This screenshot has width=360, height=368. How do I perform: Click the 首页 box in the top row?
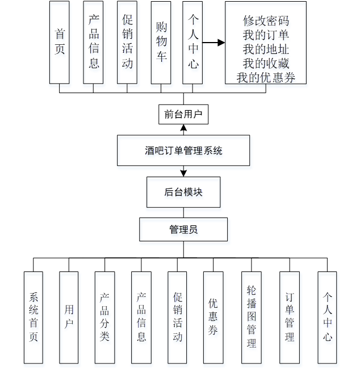(60, 42)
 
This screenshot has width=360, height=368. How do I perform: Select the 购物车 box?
(161, 42)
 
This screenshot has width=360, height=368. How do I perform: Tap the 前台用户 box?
(183, 114)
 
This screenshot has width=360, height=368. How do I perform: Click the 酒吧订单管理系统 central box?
(183, 150)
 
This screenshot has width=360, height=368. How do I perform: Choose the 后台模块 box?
(183, 192)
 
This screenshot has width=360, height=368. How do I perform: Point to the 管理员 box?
(183, 229)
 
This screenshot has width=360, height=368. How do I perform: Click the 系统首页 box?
(34, 317)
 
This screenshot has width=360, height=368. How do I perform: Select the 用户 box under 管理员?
(69, 317)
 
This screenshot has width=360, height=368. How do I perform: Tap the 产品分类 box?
(104, 317)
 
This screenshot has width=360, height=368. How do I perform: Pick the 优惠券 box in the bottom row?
(213, 317)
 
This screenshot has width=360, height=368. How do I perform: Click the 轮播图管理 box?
(251, 317)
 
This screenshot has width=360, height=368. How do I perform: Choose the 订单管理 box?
(290, 317)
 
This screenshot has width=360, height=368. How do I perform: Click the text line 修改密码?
(266, 21)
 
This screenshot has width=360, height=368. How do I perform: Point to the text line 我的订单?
(266, 35)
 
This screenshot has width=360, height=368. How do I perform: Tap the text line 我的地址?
(266, 49)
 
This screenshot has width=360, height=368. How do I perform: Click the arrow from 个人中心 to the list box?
(213, 43)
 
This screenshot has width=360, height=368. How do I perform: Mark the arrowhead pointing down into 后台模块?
(183, 173)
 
